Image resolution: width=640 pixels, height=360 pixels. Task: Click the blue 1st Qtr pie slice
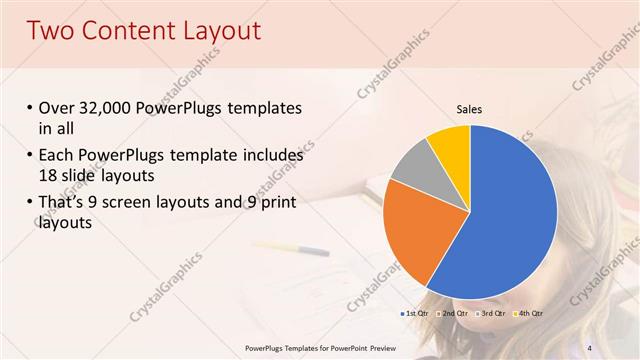(505, 215)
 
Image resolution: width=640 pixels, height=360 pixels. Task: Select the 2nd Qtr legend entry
(453, 314)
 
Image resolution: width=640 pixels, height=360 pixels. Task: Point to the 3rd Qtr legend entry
(491, 314)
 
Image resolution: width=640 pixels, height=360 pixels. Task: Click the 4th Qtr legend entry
(528, 314)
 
